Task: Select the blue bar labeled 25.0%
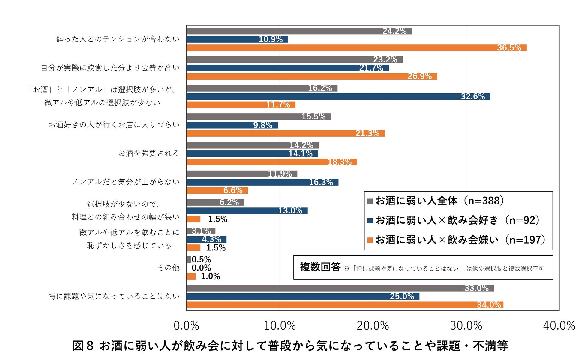303,297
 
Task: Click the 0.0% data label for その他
201,268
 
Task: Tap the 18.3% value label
339,162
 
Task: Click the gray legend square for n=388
370,201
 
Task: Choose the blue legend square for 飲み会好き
370,221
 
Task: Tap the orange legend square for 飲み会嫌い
370,240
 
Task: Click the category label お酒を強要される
149,153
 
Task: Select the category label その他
168,268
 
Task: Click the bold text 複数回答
320,267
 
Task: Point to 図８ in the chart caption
83,346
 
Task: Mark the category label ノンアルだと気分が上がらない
126,182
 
